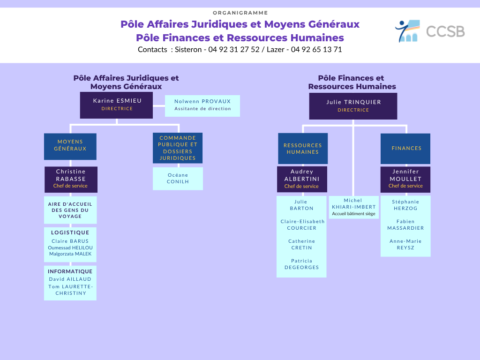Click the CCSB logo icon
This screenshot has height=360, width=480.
tap(407, 31)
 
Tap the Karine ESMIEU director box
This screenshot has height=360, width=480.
tap(116, 105)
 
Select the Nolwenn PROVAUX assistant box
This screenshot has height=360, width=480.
tap(202, 105)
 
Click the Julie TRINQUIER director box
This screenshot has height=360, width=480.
tap(353, 106)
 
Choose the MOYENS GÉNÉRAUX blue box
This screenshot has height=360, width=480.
tap(70, 146)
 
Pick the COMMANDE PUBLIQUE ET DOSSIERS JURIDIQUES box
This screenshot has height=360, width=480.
tap(178, 148)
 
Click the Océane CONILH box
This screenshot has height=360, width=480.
tap(178, 179)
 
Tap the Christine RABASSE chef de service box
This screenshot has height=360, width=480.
tap(71, 180)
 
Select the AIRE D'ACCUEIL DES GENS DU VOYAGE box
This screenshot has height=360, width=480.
tap(70, 210)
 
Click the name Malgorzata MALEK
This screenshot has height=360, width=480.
tap(70, 254)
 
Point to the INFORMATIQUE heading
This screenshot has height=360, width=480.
tap(70, 271)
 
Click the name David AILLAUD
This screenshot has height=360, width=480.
tap(70, 279)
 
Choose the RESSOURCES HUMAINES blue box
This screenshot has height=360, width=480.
tap(303, 149)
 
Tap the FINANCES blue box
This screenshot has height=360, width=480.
tap(405, 149)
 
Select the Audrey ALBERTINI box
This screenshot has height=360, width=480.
tap(302, 179)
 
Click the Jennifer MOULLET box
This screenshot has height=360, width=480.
tap(405, 180)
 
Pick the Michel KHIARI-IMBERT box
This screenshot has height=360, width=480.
tap(353, 207)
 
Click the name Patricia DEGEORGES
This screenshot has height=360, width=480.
tap(302, 264)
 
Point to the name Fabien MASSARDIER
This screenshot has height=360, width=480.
tap(405, 225)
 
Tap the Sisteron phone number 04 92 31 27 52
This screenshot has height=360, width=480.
tap(234, 50)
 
